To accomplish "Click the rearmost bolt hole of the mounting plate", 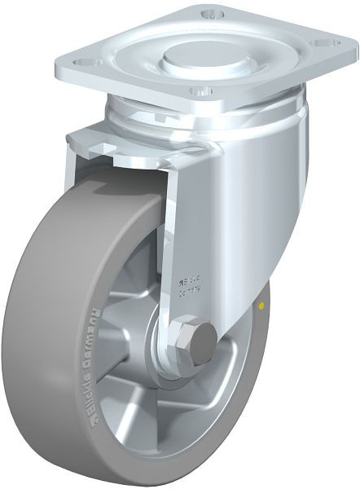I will (x=213, y=14).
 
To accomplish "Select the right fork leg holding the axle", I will (x=228, y=244).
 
